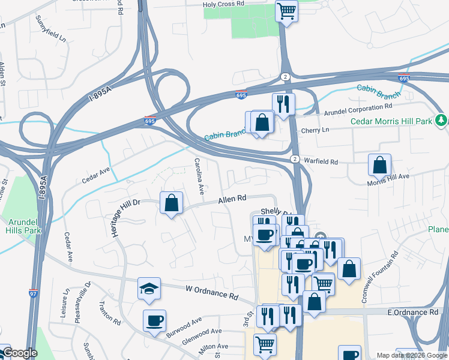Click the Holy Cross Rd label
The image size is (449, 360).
click(x=223, y=4)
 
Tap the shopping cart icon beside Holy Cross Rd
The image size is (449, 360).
click(x=287, y=11)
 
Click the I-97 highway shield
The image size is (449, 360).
click(x=32, y=294)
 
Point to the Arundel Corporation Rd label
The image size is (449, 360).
click(x=362, y=110)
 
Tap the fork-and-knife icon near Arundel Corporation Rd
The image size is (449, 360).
click(x=283, y=104)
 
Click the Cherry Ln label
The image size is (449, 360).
click(x=317, y=130)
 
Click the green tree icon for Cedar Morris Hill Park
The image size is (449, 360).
click(x=442, y=121)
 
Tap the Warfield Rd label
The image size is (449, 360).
click(x=321, y=162)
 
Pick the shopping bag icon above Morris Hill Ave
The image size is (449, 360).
click(x=379, y=164)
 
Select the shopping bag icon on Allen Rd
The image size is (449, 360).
click(x=172, y=203)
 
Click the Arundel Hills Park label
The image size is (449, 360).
click(x=23, y=226)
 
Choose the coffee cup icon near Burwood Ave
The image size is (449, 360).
click(x=155, y=320)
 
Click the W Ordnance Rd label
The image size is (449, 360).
click(x=211, y=292)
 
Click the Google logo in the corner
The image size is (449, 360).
click(x=19, y=353)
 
